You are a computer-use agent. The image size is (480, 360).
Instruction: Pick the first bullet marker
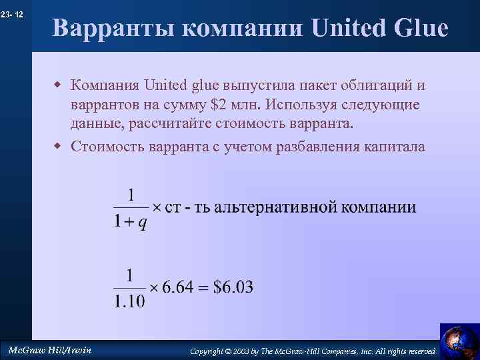(58, 86)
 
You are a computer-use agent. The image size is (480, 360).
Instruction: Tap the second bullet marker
(58, 147)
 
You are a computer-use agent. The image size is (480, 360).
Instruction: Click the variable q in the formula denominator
(142, 223)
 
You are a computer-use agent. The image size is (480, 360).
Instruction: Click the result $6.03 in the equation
(233, 287)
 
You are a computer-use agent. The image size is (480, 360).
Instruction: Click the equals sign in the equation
(204, 287)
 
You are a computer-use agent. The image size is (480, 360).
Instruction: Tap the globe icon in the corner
(459, 341)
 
